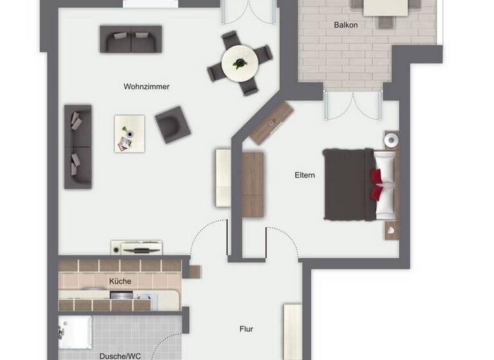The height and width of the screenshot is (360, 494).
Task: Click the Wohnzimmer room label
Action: [x=147, y=86]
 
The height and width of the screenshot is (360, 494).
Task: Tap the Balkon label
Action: [x=345, y=25]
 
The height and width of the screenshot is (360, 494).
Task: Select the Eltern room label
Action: [x=305, y=175]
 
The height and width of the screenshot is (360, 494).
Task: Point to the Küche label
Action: [x=120, y=281]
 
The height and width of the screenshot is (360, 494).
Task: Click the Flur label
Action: [x=246, y=329]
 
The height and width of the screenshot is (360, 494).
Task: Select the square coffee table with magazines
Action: [x=129, y=133]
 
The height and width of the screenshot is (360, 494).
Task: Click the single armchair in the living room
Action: [x=172, y=124]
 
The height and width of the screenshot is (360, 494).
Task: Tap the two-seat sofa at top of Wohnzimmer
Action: [x=131, y=39]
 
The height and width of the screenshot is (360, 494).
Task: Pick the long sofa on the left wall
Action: [x=78, y=146]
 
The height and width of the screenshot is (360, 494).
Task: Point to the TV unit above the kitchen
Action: [x=136, y=248]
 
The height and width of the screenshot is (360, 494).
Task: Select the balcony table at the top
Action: [x=387, y=8]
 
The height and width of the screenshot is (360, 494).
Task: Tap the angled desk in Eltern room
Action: [x=271, y=122]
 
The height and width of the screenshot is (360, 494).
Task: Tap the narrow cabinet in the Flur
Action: [x=293, y=330]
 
